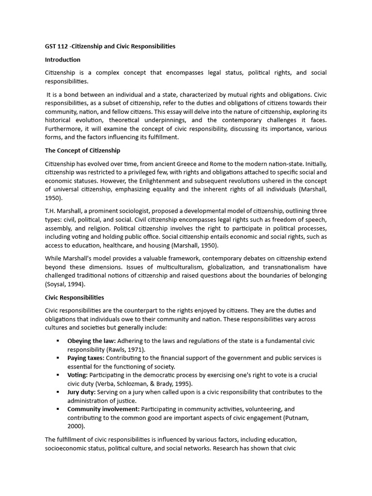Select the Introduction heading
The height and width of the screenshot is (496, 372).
[x=62, y=60]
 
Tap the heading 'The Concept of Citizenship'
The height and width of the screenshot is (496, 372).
[x=82, y=151]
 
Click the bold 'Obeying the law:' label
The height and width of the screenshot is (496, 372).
[x=91, y=341]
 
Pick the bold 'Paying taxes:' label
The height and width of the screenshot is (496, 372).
[x=86, y=358]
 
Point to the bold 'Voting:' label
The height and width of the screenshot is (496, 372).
[x=77, y=375]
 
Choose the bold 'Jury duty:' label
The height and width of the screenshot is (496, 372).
[x=81, y=392]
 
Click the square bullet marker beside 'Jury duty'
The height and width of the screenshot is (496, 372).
[x=58, y=392]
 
